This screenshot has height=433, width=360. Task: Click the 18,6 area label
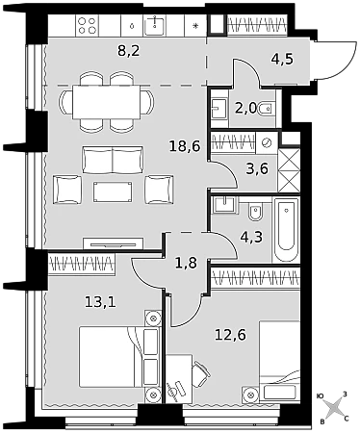pos(185,146)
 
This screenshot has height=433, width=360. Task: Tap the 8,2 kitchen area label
pos(129,51)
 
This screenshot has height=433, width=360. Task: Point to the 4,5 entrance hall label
pos(282,59)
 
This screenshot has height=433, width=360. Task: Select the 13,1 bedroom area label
pos(100,301)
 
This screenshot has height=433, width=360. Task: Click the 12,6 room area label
pos(230,335)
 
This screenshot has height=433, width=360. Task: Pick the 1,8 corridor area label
pos(186,263)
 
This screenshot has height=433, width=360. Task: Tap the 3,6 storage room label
pos(257,168)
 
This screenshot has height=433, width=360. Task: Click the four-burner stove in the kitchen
pos(88,26)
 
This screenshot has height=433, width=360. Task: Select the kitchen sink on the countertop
pos(155,25)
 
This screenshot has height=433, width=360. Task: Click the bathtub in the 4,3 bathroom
pos(286,229)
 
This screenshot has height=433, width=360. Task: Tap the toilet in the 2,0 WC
pos(267,109)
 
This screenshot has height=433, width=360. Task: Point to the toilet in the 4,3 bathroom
pos(256,212)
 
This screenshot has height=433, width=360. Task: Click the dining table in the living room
pos(107,102)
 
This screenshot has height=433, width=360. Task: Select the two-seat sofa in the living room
pos(113,160)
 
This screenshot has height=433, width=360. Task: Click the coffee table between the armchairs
pos(113,191)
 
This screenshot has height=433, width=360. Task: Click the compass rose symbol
pos(334,406)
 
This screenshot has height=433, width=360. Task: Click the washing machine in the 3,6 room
pos(267,142)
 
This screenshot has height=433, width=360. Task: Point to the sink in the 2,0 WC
pos(219,108)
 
